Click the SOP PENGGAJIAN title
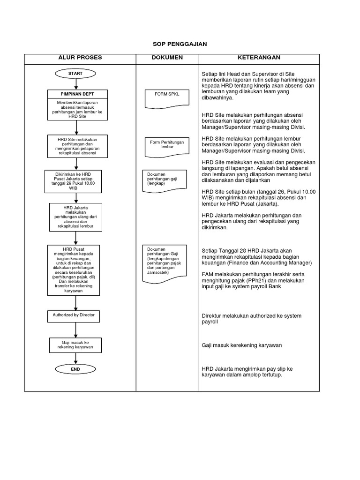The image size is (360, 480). point(180,44)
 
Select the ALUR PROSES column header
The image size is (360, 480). point(80,58)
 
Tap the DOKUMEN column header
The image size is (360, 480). point(167,58)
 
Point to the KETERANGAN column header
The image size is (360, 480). point(259,58)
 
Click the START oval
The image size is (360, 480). point(75,74)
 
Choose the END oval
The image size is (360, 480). point(75,369)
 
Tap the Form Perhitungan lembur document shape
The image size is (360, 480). point(167,145)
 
